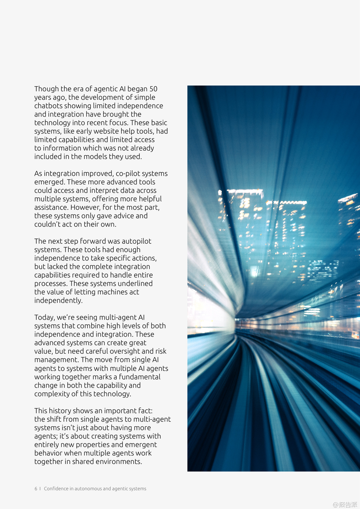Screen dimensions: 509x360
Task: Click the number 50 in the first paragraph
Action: point(153,89)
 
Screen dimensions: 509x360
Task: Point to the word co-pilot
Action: point(128,174)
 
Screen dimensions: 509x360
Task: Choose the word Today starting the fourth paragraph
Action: point(44,318)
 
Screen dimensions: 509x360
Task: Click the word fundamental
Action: point(139,377)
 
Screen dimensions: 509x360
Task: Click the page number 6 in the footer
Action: point(36,489)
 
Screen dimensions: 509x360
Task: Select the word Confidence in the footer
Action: point(56,489)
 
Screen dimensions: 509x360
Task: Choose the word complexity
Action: point(52,394)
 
